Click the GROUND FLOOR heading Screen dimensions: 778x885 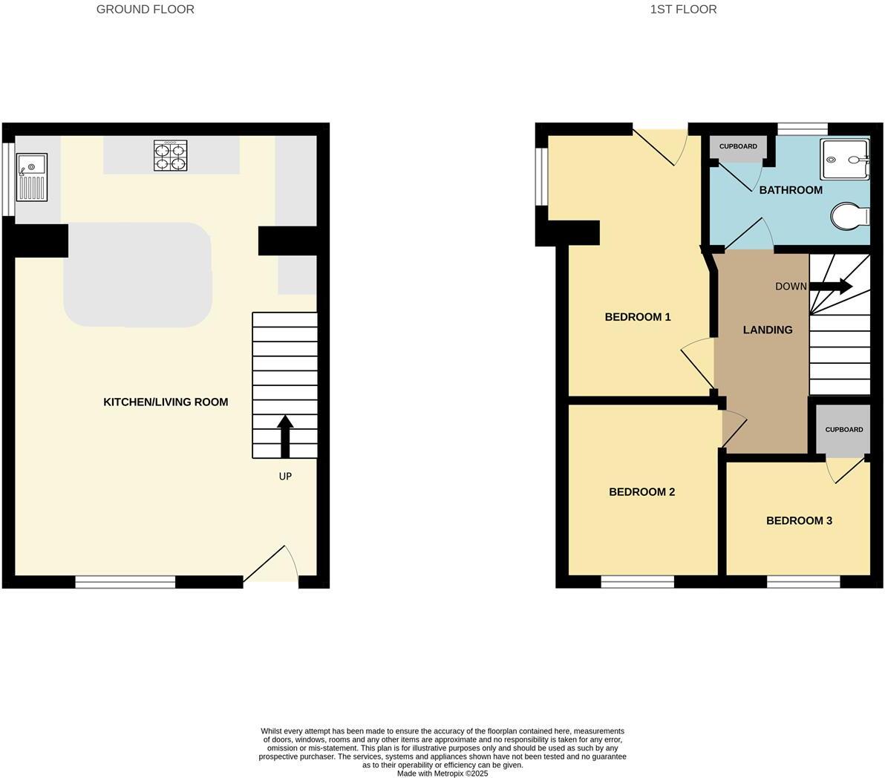point(145,10)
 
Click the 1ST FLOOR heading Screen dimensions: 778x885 point(683,10)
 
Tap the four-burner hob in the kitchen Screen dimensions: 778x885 point(170,156)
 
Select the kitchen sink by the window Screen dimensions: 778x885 point(32,177)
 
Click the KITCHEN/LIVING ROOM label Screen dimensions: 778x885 point(166,402)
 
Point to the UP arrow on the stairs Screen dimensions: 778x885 point(285,437)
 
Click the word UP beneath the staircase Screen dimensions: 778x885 point(285,477)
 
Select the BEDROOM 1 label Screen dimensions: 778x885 point(638,317)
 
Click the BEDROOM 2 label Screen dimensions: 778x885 point(641,491)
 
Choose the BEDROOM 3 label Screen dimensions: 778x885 point(799,520)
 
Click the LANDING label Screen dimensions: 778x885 point(768,330)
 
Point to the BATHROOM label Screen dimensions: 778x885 point(791,190)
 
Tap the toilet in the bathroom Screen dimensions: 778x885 point(850,218)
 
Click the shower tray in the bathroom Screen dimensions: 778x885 point(844,159)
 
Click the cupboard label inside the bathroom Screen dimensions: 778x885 point(738,146)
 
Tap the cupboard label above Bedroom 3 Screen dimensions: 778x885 point(844,430)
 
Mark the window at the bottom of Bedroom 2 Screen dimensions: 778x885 point(638,582)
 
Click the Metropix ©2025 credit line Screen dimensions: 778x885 point(442,774)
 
